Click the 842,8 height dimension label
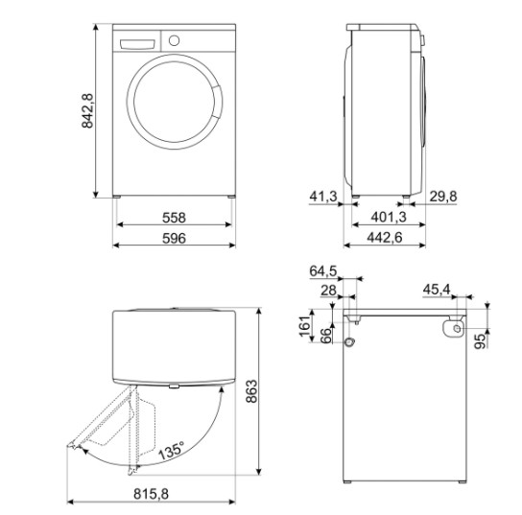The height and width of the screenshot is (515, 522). (86, 111)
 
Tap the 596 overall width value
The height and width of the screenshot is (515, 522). (173, 237)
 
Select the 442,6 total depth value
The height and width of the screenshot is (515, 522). (385, 237)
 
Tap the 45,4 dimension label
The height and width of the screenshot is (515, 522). (438, 289)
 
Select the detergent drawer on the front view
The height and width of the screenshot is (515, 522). (137, 42)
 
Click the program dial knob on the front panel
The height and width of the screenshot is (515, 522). (174, 41)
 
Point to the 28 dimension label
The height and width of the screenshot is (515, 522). (326, 290)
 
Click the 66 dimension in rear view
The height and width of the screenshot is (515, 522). (324, 335)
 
